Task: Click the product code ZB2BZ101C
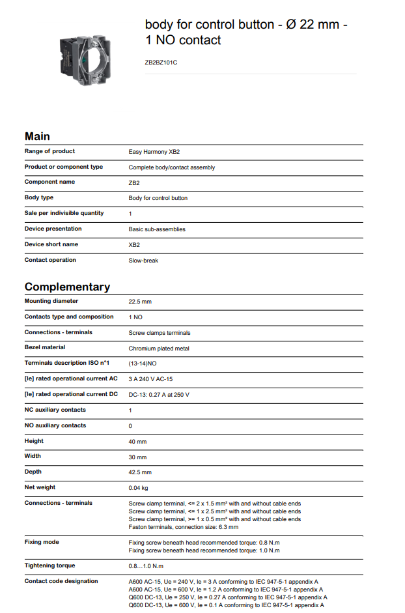(x=161, y=63)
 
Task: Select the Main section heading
(x=37, y=136)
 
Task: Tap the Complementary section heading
(x=67, y=287)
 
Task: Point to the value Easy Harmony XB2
(x=154, y=152)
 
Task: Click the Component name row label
(x=49, y=182)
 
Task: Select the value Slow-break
(x=143, y=261)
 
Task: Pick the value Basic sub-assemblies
(x=157, y=229)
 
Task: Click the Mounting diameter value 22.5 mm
(x=140, y=302)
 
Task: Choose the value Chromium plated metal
(x=159, y=349)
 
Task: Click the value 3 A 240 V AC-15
(x=150, y=379)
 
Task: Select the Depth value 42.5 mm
(x=140, y=472)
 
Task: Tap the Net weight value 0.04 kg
(x=139, y=488)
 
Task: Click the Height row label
(x=34, y=441)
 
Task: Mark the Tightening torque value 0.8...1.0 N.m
(x=147, y=566)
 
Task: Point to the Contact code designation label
(x=61, y=581)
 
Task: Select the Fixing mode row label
(x=40, y=542)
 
